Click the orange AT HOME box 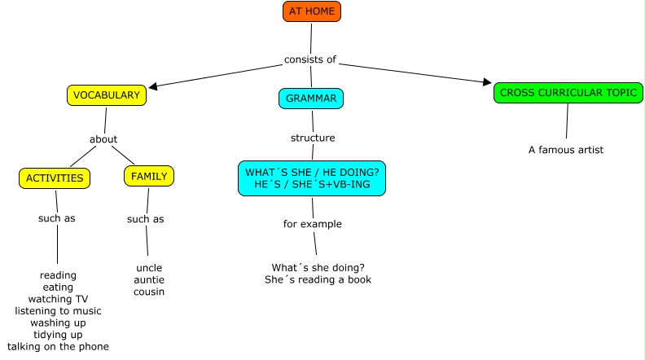(x=311, y=11)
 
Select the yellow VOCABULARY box (x=107, y=95)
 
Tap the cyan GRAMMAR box (x=311, y=99)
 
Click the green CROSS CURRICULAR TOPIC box (x=568, y=93)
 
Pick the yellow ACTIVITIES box (x=55, y=178)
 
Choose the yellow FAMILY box (x=149, y=176)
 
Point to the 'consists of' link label (x=309, y=59)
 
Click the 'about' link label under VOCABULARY (x=103, y=139)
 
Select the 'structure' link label (x=313, y=138)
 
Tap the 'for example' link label (x=313, y=224)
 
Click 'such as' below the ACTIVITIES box (x=57, y=218)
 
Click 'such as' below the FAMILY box (x=146, y=219)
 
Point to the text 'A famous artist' (x=566, y=150)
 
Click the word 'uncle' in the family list (x=149, y=268)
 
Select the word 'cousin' (x=149, y=292)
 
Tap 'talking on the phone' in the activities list (x=58, y=347)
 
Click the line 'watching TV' (x=58, y=299)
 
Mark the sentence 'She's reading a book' (x=318, y=279)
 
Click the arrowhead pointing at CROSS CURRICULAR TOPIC (x=487, y=83)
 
